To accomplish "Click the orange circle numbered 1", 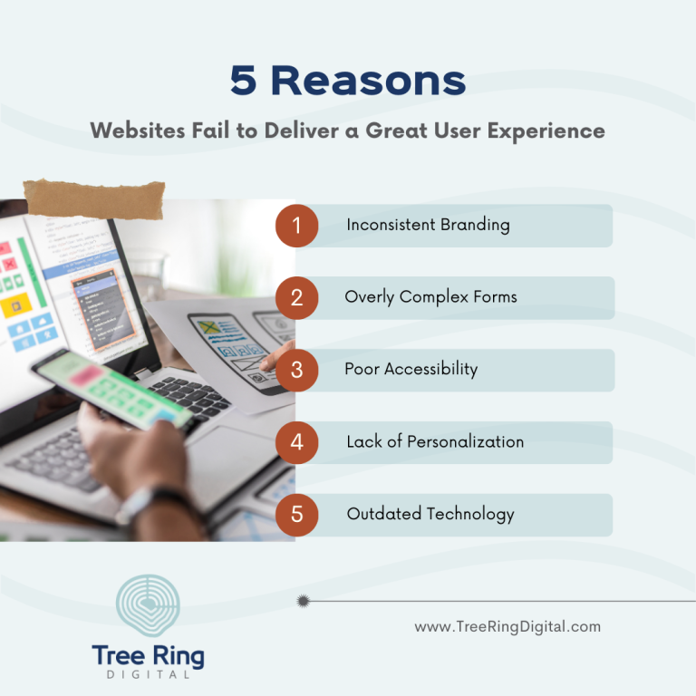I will (297, 226).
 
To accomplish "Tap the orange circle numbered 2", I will (297, 298).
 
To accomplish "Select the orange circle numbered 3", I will (297, 371).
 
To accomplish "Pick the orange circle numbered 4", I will (297, 443).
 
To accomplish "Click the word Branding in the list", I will (475, 225).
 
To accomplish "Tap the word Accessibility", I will (432, 370).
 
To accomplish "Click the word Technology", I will (470, 515).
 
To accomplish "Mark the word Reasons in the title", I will (369, 81).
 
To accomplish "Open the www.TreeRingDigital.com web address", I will (507, 626).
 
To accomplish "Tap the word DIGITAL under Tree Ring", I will (148, 674).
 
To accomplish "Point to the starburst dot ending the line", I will (303, 600).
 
